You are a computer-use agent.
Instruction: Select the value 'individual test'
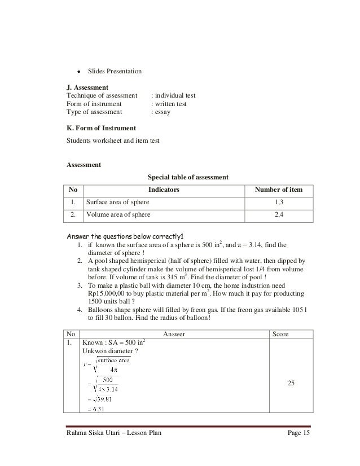click(173, 96)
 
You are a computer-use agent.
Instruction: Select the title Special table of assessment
click(187, 177)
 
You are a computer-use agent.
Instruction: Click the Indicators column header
click(164, 191)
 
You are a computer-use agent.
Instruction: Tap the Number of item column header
click(279, 191)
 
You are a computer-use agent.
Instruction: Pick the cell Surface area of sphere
click(117, 203)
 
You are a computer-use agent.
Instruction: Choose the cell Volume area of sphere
click(118, 214)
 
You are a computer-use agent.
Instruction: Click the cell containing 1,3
click(279, 203)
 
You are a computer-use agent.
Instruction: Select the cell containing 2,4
click(279, 214)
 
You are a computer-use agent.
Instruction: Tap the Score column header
click(280, 334)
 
